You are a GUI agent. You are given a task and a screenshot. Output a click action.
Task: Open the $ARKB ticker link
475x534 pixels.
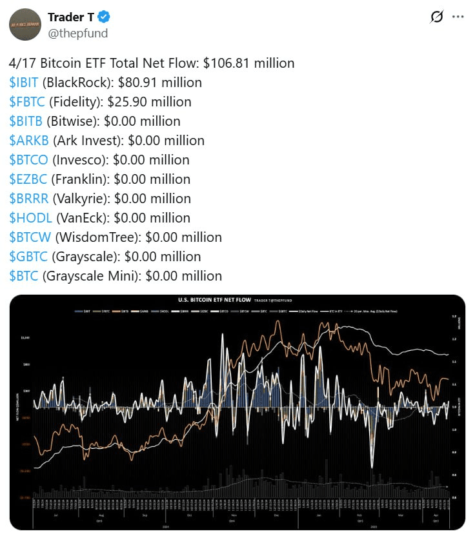coord(29,141)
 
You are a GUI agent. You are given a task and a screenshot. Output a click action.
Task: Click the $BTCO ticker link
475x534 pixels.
coord(28,160)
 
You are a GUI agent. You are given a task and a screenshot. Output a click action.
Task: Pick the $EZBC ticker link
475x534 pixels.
coord(28,179)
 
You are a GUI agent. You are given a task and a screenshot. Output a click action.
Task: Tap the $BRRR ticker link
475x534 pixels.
coord(28,199)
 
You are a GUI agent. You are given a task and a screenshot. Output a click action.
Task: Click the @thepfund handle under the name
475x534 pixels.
coord(77,33)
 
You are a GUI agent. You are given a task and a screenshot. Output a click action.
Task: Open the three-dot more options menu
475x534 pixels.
coord(458,17)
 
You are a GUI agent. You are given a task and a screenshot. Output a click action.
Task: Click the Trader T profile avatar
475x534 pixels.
coord(26,25)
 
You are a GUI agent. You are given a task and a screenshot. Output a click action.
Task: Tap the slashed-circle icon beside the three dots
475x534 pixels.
coord(436,17)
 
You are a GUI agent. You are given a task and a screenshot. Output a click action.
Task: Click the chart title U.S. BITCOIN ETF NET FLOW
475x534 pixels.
coord(214,300)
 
